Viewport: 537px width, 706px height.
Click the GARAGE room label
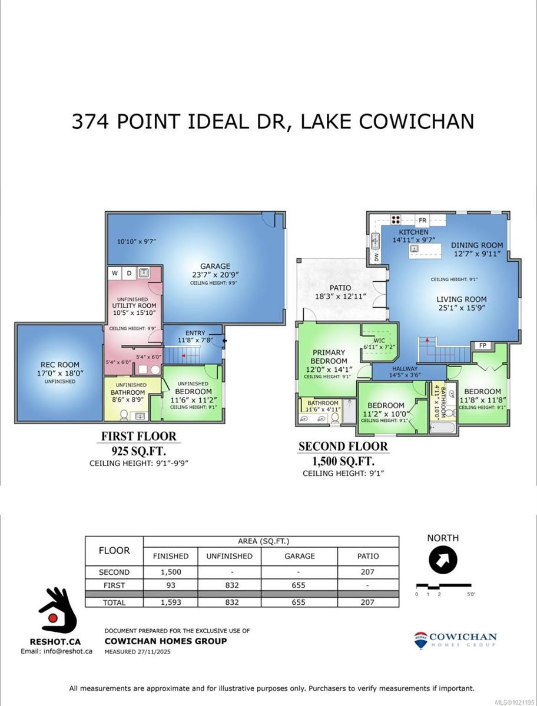(x=214, y=266)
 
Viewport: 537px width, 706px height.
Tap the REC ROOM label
(x=59, y=365)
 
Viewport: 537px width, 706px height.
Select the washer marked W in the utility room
(x=115, y=273)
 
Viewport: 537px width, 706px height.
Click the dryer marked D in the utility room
(x=129, y=273)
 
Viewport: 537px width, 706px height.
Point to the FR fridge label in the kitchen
(x=422, y=221)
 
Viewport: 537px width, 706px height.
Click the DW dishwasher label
(x=375, y=257)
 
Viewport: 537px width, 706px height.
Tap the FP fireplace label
(x=483, y=345)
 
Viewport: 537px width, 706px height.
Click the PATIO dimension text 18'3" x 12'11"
(x=341, y=298)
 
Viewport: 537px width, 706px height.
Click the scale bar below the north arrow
(x=443, y=586)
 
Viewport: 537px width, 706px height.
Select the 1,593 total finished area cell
(x=171, y=602)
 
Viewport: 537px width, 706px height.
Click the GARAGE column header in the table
(x=299, y=556)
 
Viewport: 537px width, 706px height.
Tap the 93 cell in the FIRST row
(x=171, y=585)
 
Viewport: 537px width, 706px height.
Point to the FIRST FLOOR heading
(x=138, y=437)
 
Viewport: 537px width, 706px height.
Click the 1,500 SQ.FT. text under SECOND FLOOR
(x=343, y=460)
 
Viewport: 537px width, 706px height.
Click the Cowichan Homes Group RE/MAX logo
(x=455, y=640)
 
